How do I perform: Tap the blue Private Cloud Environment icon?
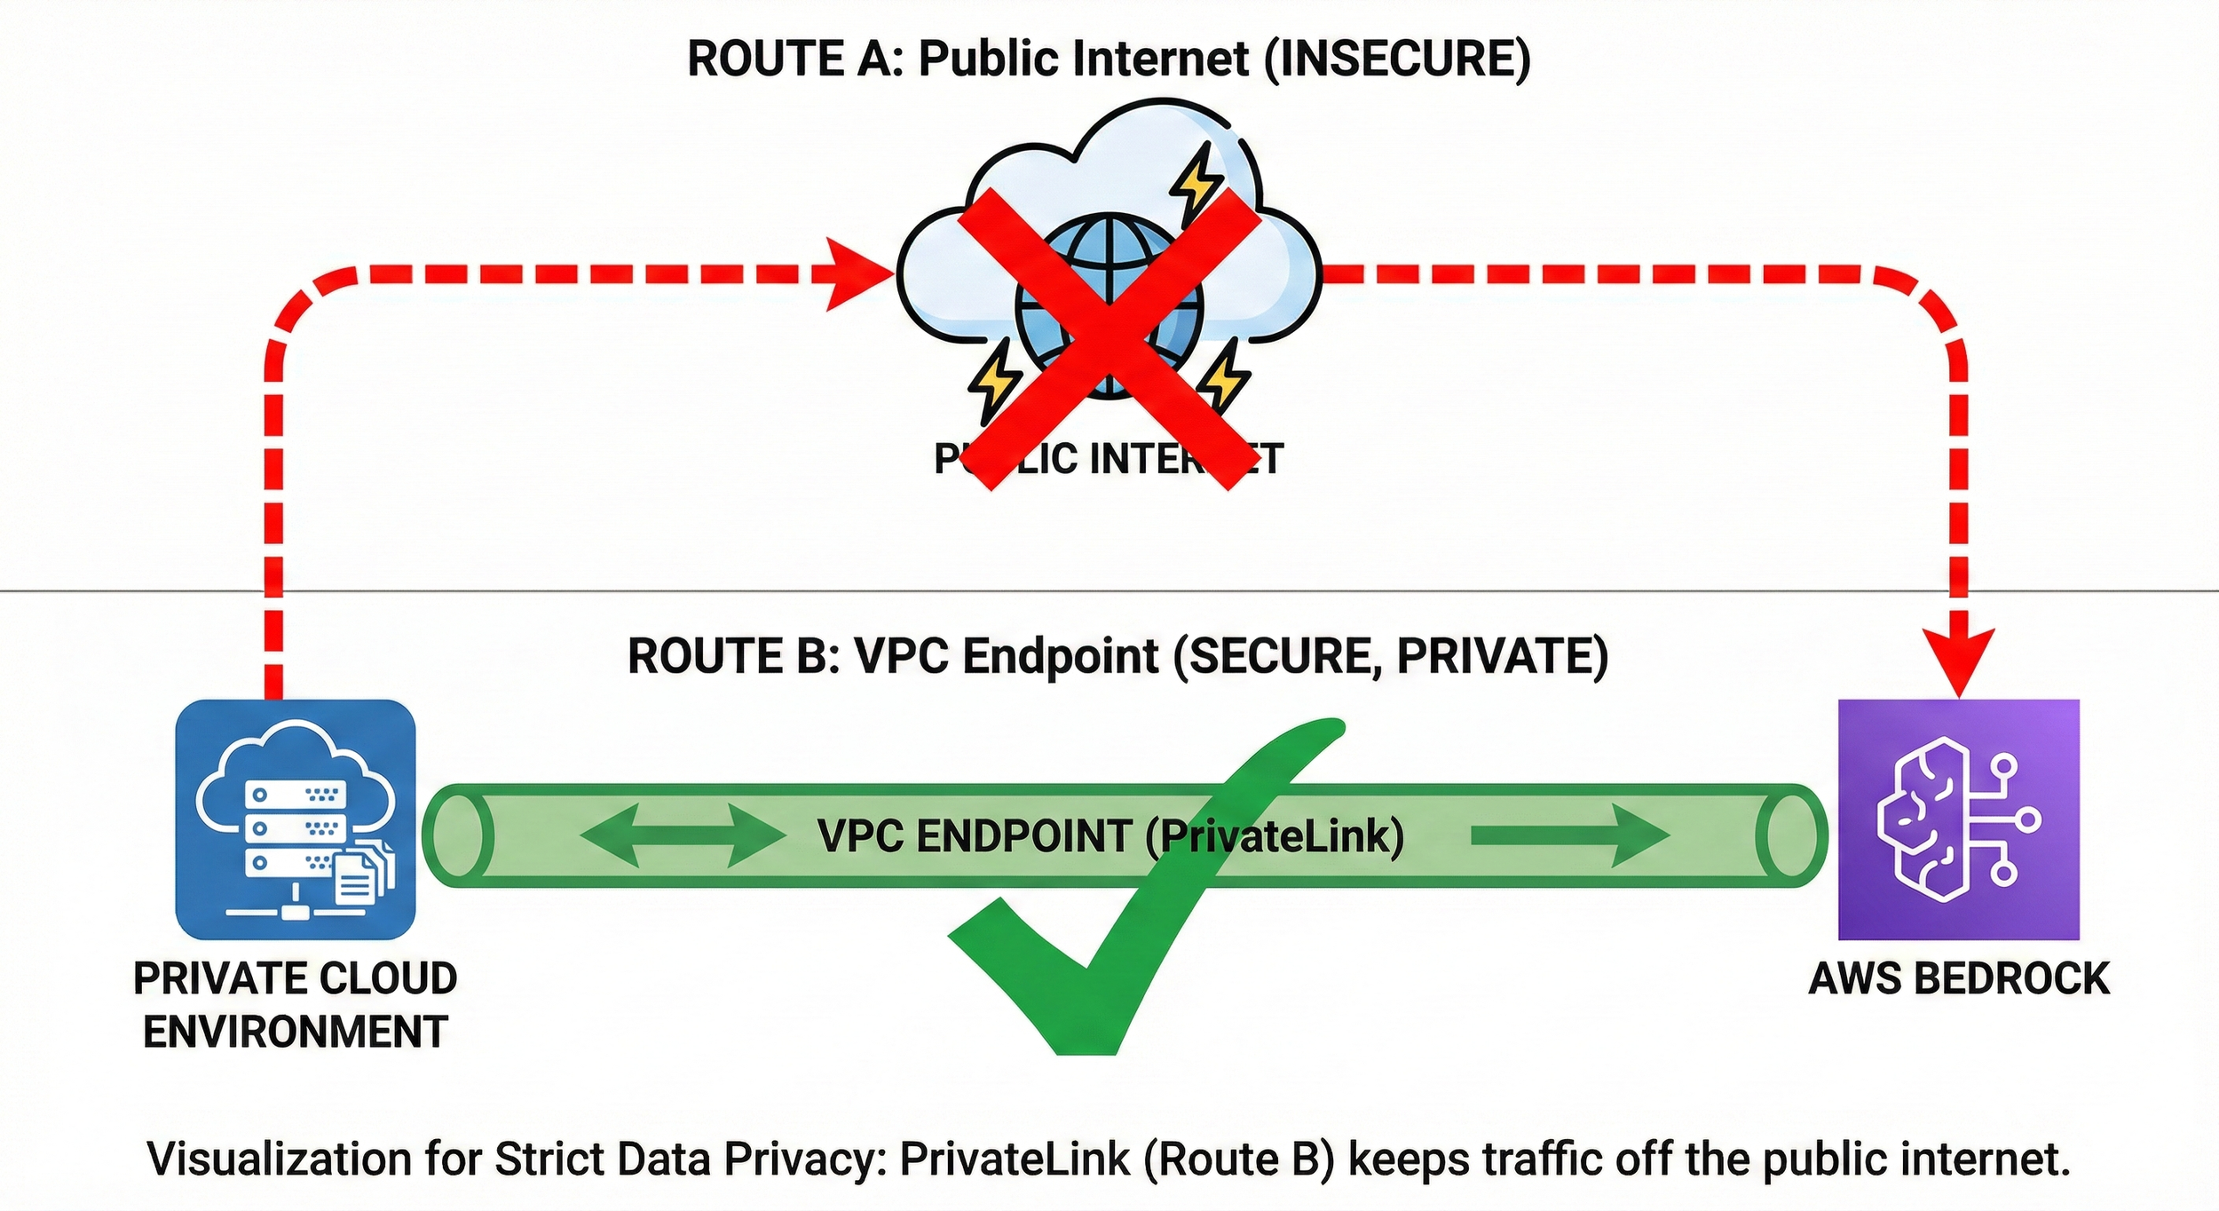click(x=296, y=819)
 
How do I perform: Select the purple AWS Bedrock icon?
click(x=1958, y=819)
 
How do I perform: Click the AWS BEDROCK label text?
click(x=1958, y=978)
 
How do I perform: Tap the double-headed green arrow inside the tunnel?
click(x=682, y=835)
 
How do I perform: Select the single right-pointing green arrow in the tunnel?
click(x=1569, y=835)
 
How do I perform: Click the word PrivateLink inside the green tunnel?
click(x=1278, y=835)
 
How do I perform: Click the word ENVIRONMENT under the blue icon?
click(x=296, y=1032)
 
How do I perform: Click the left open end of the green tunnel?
click(x=458, y=835)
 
